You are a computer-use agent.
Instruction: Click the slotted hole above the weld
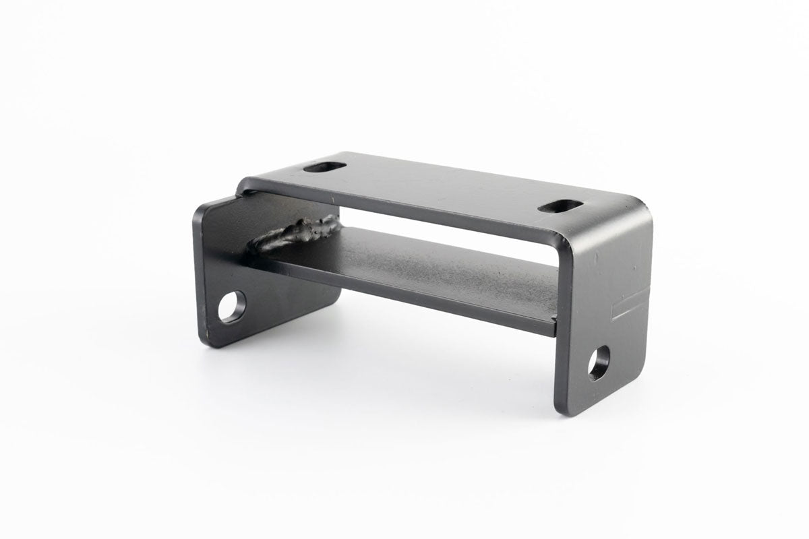tap(324, 166)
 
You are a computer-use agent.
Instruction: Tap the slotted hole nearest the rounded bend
tap(560, 206)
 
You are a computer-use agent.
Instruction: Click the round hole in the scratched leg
tap(598, 362)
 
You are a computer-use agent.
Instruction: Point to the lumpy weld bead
tap(297, 233)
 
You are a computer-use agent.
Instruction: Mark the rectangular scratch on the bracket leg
tap(631, 307)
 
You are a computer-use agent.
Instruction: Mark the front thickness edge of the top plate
tap(404, 210)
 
